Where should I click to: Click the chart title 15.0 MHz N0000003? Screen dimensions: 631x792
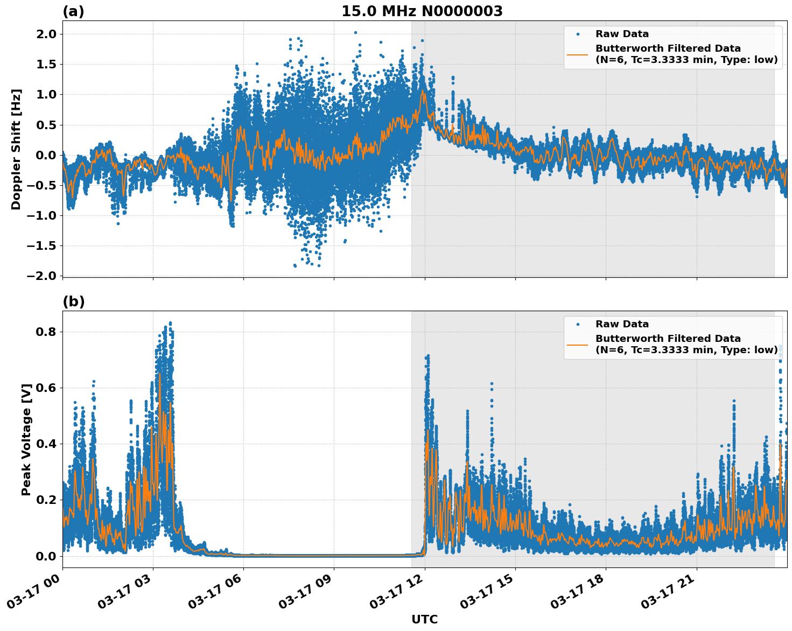tap(422, 11)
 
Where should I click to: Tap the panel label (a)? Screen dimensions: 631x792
tap(73, 11)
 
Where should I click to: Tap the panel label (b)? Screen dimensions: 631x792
tap(73, 302)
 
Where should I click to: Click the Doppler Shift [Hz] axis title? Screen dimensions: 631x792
tap(16, 149)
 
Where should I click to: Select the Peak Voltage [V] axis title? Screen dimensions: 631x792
tap(26, 439)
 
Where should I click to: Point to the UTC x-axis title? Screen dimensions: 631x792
tap(424, 619)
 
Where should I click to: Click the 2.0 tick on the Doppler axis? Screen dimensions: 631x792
tap(46, 34)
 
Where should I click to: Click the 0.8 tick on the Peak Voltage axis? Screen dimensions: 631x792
tap(46, 332)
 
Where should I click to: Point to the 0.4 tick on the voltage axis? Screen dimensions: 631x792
tap(46, 444)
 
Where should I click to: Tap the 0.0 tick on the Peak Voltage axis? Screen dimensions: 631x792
tap(46, 556)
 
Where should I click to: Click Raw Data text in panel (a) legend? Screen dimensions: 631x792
tap(622, 34)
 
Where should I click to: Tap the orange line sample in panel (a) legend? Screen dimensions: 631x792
tap(577, 54)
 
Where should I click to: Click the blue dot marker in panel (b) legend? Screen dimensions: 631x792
tap(577, 325)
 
